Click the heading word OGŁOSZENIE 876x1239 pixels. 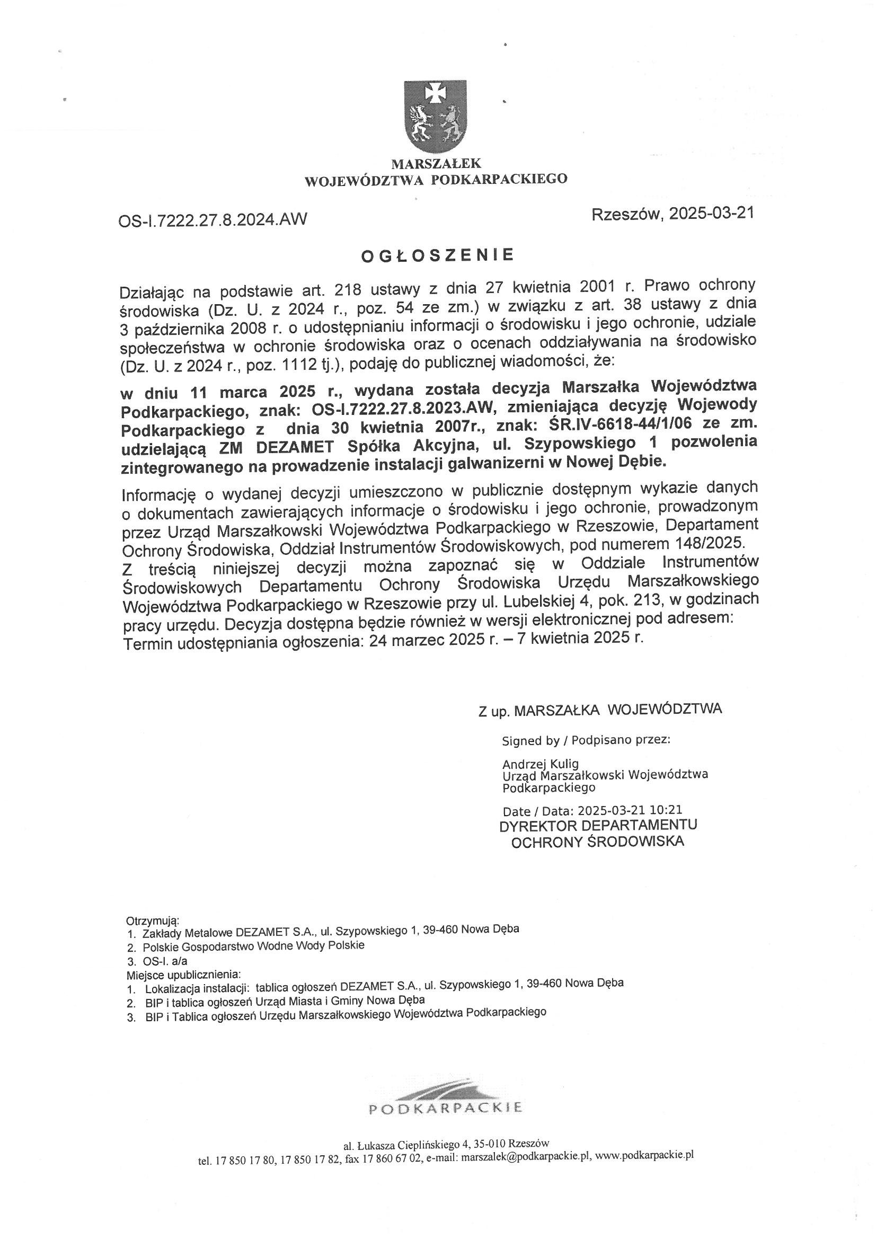point(437,255)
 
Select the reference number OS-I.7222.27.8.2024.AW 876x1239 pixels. point(213,219)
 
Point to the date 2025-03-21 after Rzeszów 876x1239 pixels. point(711,214)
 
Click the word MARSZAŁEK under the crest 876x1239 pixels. point(436,163)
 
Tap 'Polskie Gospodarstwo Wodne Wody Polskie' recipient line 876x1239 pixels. point(254,945)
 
